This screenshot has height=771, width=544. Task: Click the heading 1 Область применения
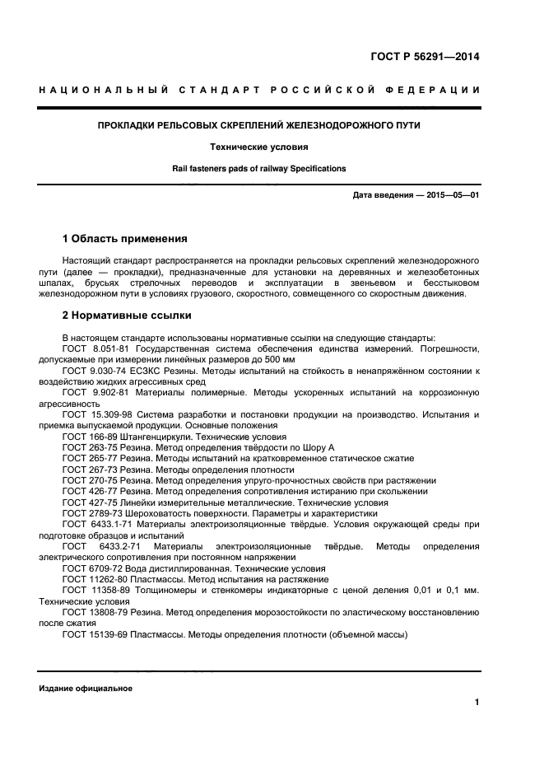(124, 239)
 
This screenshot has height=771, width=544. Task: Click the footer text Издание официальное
(86, 689)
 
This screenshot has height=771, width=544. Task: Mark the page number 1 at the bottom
(477, 703)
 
